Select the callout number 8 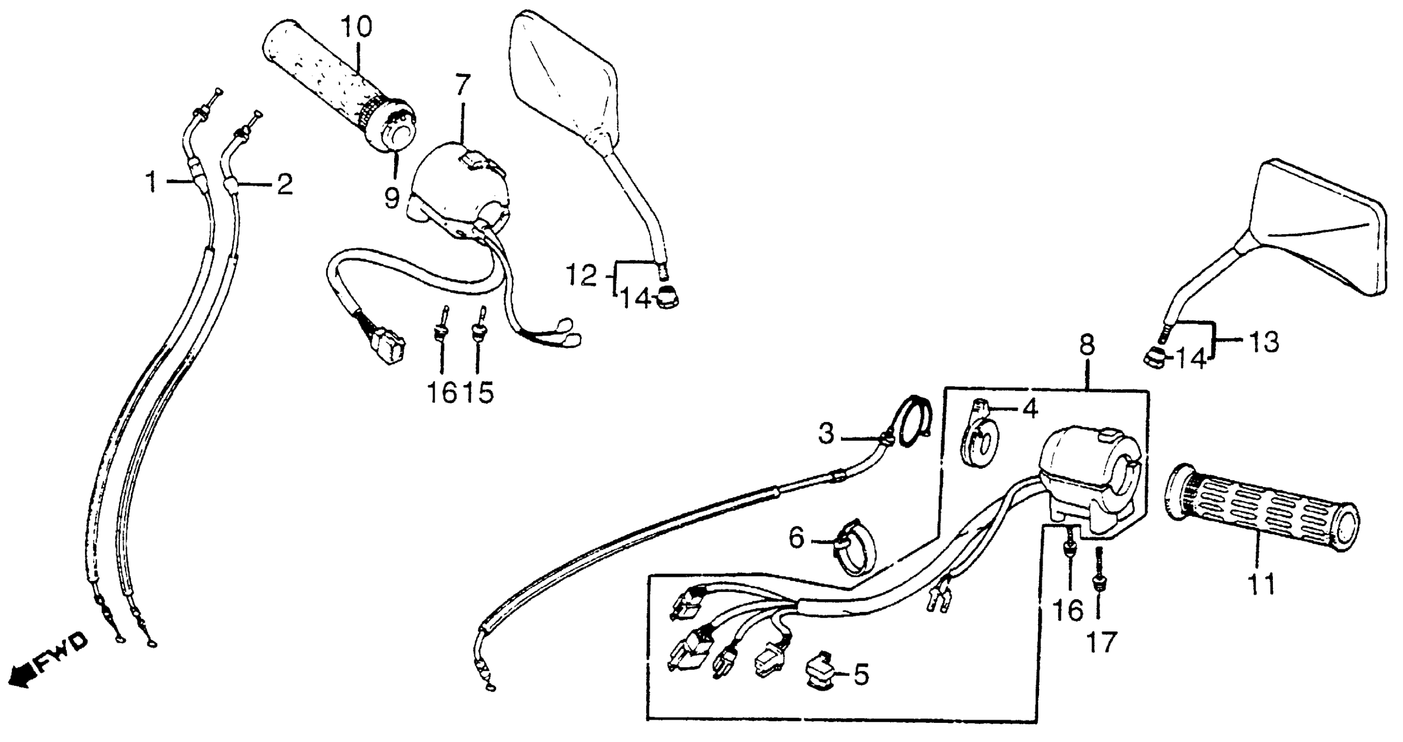(1086, 345)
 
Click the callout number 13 (1263, 343)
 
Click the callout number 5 (861, 675)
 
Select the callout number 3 (826, 434)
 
